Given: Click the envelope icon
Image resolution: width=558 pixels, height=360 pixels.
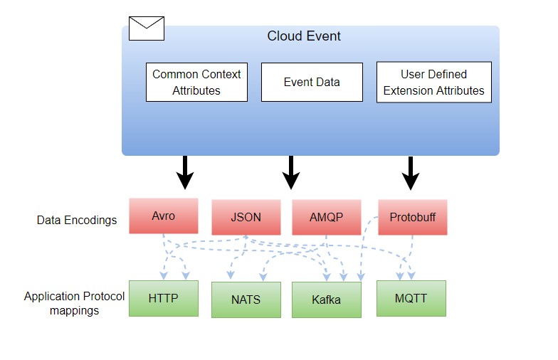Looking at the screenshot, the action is [147, 28].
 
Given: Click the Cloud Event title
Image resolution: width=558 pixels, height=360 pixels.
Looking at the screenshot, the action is [304, 36].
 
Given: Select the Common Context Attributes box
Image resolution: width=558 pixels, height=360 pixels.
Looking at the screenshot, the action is [196, 83].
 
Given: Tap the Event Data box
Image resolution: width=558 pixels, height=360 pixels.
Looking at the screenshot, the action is [312, 83].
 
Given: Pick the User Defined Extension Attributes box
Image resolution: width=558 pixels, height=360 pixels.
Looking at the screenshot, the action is [434, 83].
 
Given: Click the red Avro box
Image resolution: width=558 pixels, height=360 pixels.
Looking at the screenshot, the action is [164, 216].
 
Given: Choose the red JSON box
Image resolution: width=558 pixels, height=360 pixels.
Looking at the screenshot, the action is [246, 217].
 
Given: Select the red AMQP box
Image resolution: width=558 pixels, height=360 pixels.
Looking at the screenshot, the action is [327, 217].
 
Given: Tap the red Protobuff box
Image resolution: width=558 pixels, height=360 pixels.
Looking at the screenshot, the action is [413, 217].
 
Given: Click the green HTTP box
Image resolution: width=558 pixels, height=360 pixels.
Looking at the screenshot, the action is [164, 299].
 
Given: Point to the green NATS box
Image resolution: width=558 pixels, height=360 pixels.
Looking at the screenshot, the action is [246, 300].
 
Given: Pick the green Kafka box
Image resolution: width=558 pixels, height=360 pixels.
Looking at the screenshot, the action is [327, 300].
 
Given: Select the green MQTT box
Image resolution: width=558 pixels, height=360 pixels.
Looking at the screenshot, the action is [411, 299].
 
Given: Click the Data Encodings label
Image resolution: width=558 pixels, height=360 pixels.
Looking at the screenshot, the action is [77, 221].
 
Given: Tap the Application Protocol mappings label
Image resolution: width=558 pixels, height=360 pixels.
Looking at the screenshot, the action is [74, 303].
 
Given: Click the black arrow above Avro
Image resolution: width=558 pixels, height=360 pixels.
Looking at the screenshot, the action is [185, 172].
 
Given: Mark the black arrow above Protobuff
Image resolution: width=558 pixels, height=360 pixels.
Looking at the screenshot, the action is [411, 174].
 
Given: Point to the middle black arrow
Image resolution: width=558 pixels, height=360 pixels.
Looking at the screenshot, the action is [291, 172].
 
